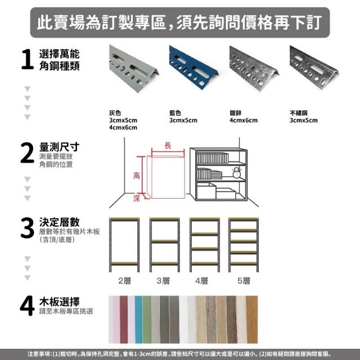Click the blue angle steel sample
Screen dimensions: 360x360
(193, 66)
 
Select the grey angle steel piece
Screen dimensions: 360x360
(134, 68)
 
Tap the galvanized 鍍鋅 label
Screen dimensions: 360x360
(235, 113)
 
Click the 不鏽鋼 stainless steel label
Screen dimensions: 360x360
(299, 113)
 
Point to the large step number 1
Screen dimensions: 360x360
(28, 59)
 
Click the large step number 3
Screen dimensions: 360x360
(28, 228)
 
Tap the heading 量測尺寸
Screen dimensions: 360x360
(59, 147)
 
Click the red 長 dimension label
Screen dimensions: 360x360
(168, 145)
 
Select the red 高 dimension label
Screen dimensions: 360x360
(136, 176)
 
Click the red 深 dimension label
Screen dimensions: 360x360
(136, 199)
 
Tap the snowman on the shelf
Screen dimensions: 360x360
(236, 173)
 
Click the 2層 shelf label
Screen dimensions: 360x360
(124, 281)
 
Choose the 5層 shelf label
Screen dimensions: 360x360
(244, 281)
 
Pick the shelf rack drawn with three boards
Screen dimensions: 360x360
(165, 245)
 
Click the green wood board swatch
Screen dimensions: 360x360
(147, 319)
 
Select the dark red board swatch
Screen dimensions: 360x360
(124, 319)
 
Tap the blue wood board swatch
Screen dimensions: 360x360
(138, 319)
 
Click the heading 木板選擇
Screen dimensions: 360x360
(59, 301)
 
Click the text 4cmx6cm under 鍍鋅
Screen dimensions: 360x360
(244, 120)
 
